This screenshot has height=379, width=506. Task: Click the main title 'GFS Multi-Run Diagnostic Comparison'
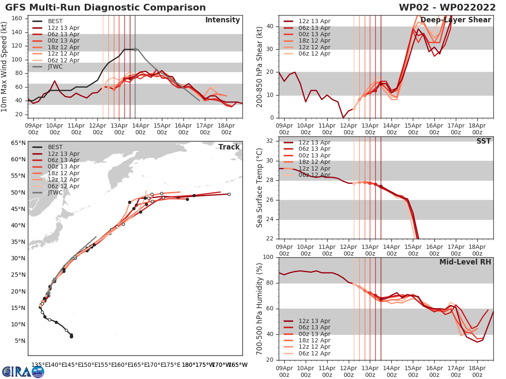point(105,8)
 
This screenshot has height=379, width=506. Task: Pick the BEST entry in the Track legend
point(55,147)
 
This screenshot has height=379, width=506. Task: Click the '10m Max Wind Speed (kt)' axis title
point(5,67)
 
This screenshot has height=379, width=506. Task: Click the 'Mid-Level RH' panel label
point(465,262)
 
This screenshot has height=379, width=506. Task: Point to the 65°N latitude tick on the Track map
point(18,143)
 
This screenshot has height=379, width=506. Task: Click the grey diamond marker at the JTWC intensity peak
point(135,49)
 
